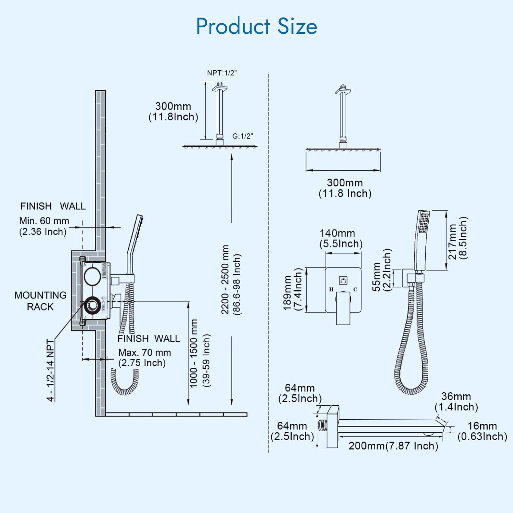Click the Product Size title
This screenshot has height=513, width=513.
coord(256,26)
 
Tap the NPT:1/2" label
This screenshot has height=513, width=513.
coord(222,73)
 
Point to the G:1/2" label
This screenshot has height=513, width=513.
coord(243,136)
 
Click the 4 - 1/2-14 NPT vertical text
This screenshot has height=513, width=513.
coord(51,370)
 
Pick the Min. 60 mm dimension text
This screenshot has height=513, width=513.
coord(44,221)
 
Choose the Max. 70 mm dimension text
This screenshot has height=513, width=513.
coord(144,353)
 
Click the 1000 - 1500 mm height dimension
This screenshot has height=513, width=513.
coord(194,353)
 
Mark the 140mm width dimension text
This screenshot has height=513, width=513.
coord(337,234)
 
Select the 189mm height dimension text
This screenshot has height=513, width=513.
coord(288,293)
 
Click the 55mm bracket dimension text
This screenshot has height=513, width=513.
coord(377,277)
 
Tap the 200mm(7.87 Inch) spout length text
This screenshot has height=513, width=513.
coord(393,446)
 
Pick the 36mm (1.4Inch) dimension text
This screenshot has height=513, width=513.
coord(456,397)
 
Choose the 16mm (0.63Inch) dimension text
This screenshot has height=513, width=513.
coord(482,426)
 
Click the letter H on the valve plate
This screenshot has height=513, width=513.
coord(331,290)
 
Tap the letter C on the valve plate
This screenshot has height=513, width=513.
coord(355,290)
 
